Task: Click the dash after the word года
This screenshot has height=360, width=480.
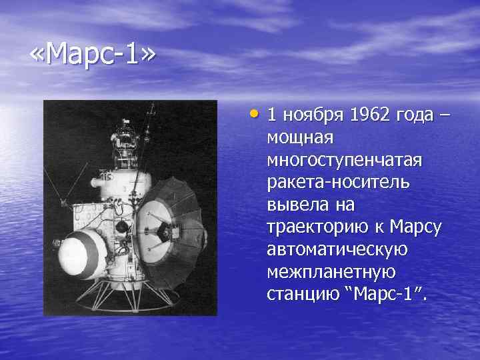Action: (444, 115)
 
